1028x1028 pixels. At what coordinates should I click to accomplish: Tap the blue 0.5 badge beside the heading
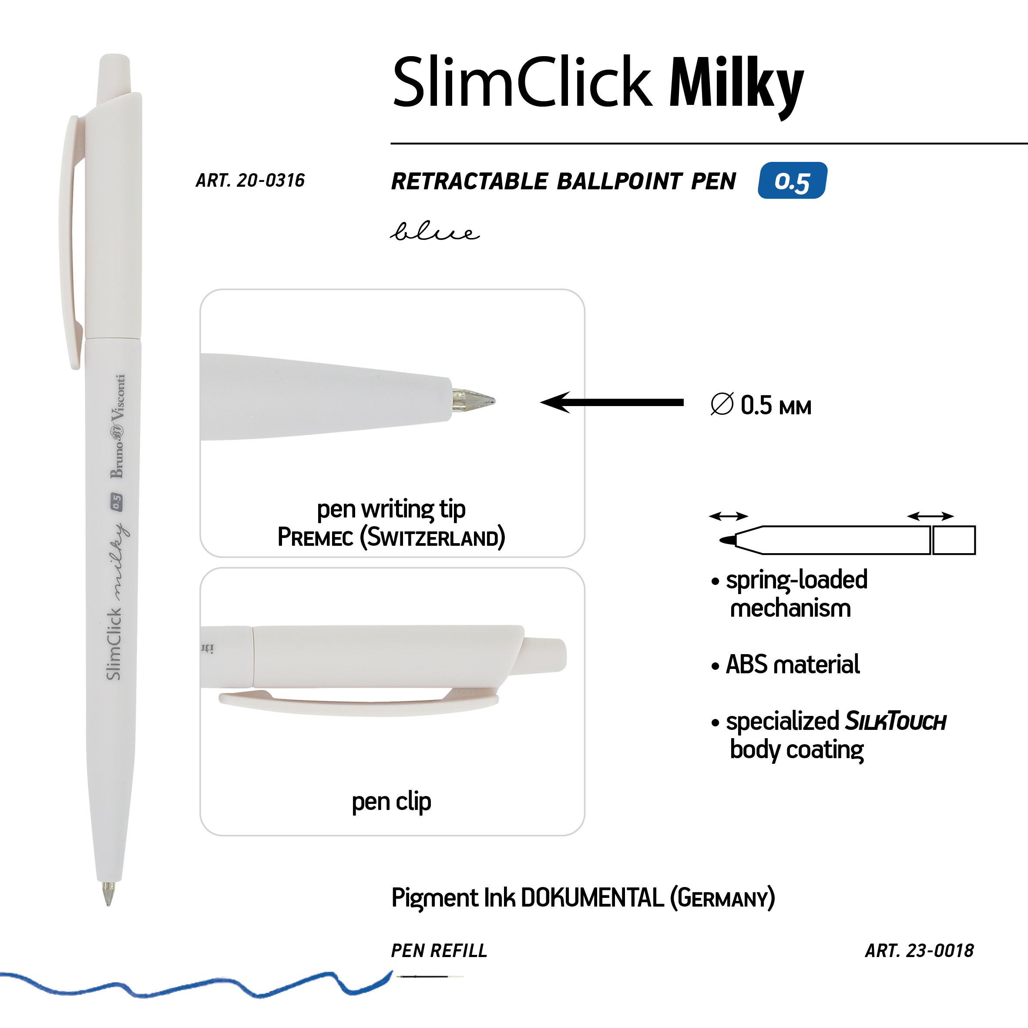click(x=792, y=180)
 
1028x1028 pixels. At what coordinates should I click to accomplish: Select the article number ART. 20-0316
click(x=250, y=180)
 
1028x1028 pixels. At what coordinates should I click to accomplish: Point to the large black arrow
click(x=612, y=402)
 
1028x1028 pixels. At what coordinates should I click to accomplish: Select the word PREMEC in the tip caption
click(x=316, y=537)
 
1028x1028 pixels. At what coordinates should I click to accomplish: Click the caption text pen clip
click(x=391, y=801)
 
